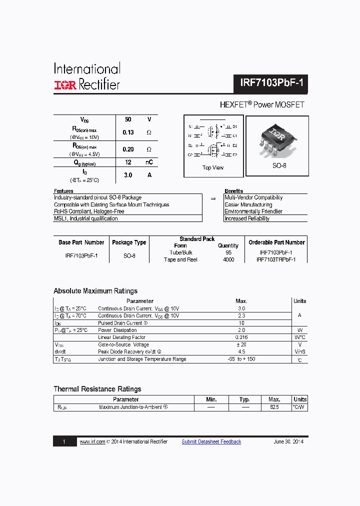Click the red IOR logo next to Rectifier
click(x=65, y=85)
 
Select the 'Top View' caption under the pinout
click(x=213, y=167)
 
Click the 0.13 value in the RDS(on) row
click(x=128, y=132)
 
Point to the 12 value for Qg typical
click(x=128, y=162)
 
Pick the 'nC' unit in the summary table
click(x=149, y=162)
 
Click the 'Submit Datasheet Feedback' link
click(x=211, y=441)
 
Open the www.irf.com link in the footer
click(x=92, y=441)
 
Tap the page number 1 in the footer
click(x=64, y=441)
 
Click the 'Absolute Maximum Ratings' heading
click(x=95, y=291)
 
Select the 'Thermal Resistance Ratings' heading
click(x=97, y=389)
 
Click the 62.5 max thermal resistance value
click(x=274, y=407)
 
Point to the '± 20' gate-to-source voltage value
click(x=241, y=344)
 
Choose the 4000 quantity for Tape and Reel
click(x=228, y=259)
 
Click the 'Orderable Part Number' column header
click(x=276, y=242)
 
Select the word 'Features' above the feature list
click(x=63, y=191)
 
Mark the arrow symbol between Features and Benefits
click(x=213, y=198)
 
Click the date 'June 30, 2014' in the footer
click(x=288, y=441)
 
